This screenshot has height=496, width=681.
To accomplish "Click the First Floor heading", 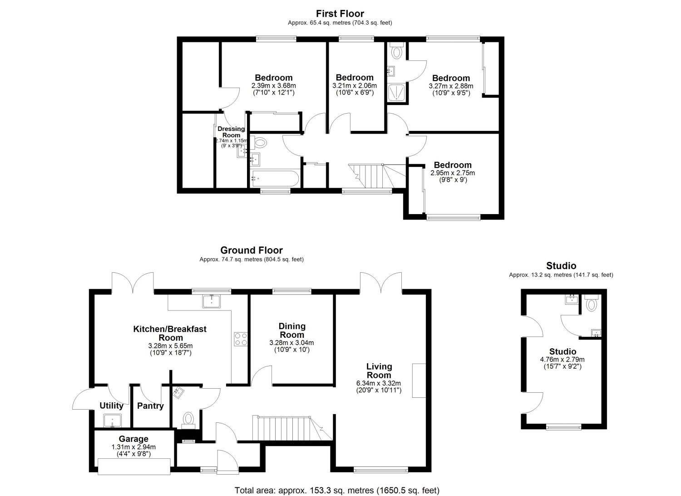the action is tap(340, 14).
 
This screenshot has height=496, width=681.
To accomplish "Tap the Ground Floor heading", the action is tap(252, 251).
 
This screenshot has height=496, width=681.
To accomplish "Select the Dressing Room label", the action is tap(231, 132).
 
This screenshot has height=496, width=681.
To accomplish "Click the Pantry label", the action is tap(150, 406).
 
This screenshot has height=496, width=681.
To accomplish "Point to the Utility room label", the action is tap(112, 406).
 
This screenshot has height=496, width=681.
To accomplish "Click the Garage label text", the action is tap(133, 439).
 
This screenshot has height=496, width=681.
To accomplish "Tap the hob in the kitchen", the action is tap(241, 339).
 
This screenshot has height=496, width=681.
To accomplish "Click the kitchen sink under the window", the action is tap(211, 301).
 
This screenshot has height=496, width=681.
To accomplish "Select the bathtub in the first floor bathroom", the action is tap(275, 178).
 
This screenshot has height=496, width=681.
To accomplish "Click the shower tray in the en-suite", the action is tap(396, 93).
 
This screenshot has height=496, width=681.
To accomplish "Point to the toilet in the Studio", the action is tap(591, 303).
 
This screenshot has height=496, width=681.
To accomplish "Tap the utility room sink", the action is tap(112, 421).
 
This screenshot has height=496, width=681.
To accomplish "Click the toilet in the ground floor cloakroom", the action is tap(188, 421).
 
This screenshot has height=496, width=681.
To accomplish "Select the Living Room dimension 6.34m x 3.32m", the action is tap(379, 383).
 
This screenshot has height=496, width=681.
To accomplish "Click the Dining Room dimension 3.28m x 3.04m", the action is tap(291, 343).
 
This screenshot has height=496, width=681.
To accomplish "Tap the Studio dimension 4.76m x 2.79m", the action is tap(562, 360).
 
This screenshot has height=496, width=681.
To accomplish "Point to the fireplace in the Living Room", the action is tap(419, 381).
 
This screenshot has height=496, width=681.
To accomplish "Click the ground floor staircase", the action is tap(292, 428).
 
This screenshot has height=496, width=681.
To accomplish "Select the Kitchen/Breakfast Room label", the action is tap(170, 333).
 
